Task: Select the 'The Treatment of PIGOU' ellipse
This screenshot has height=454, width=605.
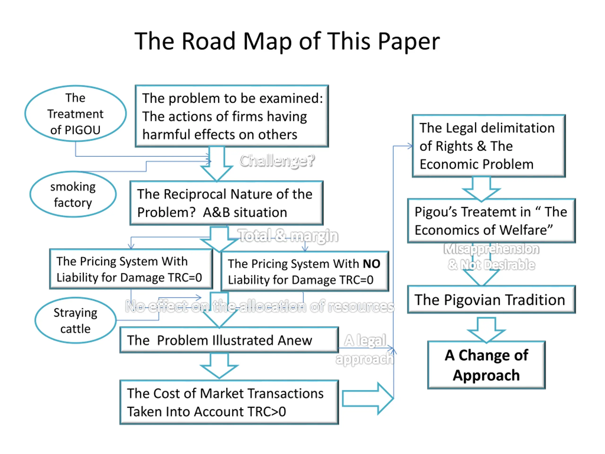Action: coord(75,113)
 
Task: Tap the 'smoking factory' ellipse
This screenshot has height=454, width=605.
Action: coord(73,194)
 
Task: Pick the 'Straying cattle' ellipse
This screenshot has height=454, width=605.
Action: coord(75,320)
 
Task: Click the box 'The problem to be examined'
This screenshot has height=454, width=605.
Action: coord(232,116)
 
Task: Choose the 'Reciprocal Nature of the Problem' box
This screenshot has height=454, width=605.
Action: coord(226,203)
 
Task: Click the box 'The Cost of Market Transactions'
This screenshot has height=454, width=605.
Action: coord(229,402)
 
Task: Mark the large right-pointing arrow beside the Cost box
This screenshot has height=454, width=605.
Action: coord(368,398)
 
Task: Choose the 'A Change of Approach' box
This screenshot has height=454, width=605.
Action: coord(487,365)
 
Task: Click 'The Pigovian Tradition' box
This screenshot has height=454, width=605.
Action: coord(491,300)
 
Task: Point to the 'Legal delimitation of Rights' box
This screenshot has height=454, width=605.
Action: coord(489,146)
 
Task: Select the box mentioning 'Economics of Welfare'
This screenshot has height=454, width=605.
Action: coord(491,221)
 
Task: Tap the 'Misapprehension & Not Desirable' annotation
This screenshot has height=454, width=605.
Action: coord(491,257)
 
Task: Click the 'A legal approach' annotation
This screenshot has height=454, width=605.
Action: coord(365,350)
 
